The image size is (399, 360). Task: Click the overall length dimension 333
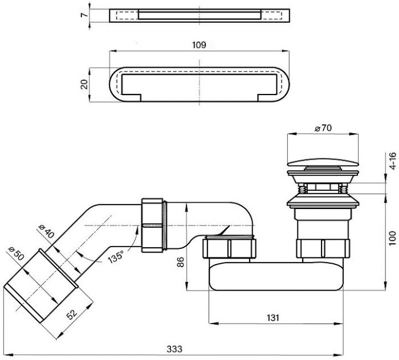click(x=174, y=349)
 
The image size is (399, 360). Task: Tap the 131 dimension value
click(x=273, y=317)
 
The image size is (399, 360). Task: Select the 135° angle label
click(x=116, y=256)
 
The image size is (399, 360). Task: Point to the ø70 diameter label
click(x=323, y=128)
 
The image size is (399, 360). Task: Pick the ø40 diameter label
click(x=46, y=231)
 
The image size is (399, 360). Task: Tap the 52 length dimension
click(x=71, y=314)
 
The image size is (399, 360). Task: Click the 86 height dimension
click(x=180, y=262)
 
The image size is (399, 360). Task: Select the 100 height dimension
click(x=393, y=238)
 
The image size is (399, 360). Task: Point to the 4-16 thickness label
click(x=393, y=161)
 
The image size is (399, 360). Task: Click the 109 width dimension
click(x=199, y=45)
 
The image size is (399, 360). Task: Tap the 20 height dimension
click(x=84, y=84)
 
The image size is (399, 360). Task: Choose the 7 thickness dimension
click(x=84, y=15)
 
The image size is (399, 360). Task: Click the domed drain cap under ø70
click(x=323, y=162)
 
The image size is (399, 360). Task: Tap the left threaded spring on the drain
click(x=302, y=190)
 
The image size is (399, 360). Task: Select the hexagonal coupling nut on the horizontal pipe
click(x=152, y=225)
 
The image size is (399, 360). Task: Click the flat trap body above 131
click(x=276, y=276)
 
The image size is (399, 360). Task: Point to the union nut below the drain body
click(x=323, y=248)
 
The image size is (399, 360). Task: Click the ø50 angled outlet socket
click(x=40, y=286)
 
